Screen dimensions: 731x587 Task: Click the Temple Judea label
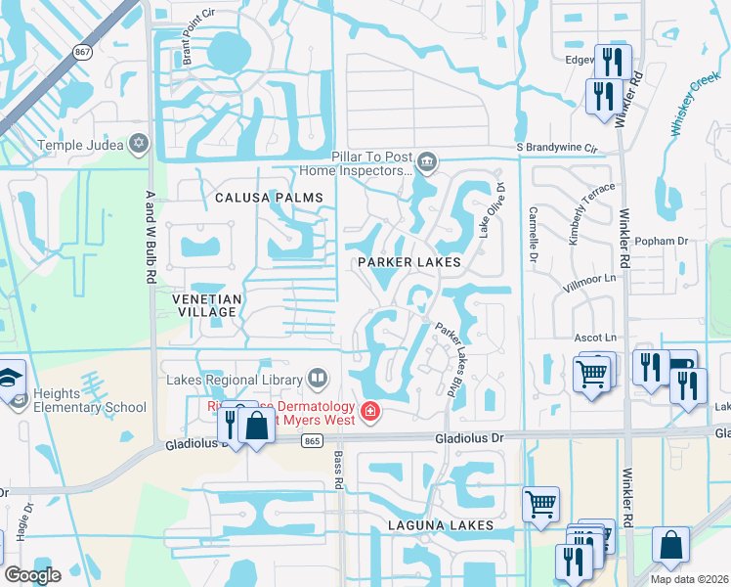tap(80, 146)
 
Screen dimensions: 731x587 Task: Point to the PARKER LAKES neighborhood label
tap(408, 263)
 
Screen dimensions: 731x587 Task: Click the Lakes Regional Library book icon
tap(319, 377)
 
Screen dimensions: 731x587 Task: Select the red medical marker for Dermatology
tap(370, 412)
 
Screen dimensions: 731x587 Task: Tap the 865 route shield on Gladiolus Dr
tap(312, 442)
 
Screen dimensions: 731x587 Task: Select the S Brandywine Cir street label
tap(556, 148)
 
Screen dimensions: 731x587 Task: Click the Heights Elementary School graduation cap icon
tap(12, 376)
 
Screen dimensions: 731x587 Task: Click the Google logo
tap(32, 575)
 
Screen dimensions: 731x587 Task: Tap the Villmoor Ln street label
tap(592, 279)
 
